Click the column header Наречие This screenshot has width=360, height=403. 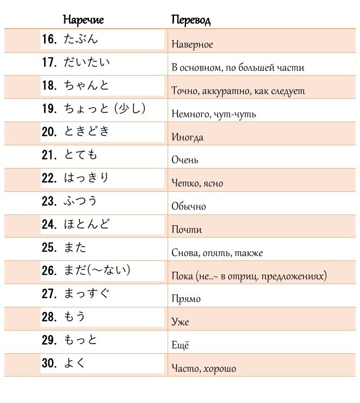coord(83,21)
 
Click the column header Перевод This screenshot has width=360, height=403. coord(190,21)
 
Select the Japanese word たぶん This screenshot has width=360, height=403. coord(81,39)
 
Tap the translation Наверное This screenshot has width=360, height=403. coord(192,45)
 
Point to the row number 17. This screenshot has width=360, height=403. coord(49,63)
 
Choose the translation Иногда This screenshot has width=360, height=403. coord(187,137)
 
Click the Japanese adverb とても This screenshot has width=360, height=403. coord(81,156)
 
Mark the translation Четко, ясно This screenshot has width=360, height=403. coord(197,184)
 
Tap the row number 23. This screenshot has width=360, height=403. coord(49,202)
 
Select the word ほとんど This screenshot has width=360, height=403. coord(86,225)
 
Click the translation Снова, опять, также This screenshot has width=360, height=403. coord(217,253)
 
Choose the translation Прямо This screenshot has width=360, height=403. coord(185,299)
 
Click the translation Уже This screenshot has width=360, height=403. coord(180,323)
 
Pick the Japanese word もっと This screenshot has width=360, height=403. coord(81,340)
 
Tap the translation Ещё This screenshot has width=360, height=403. coord(180,345)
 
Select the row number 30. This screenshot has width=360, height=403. coord(49,364)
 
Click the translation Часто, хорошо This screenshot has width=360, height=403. coord(203,369)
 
